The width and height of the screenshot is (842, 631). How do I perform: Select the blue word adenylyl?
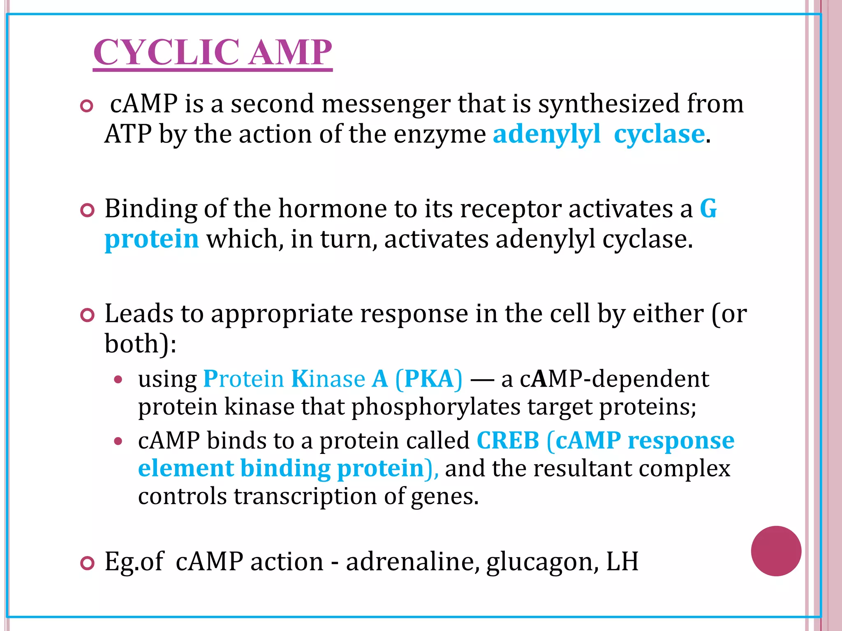coord(546,134)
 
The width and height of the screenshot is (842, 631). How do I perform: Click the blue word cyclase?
coord(659,134)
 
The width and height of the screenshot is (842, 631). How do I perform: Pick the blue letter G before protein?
coord(708,209)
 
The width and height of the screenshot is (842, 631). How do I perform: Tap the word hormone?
coord(332,209)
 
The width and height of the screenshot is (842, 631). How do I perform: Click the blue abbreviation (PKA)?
coord(428,379)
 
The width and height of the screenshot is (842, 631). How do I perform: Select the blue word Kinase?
coord(328,379)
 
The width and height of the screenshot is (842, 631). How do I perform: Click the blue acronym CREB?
coord(508,441)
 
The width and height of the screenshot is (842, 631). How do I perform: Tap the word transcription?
coord(305,496)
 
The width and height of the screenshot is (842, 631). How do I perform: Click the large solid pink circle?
coord(776,551)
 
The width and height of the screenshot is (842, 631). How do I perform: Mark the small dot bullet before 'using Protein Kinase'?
coord(118,380)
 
